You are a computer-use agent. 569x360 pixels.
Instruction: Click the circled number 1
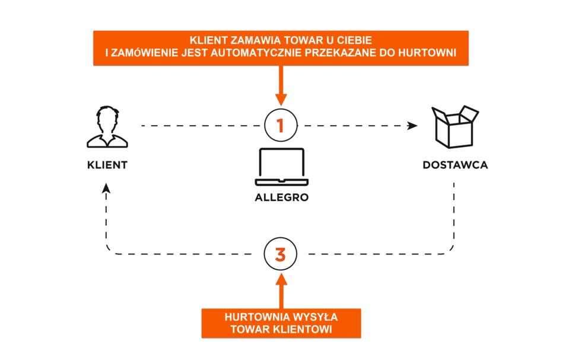click(x=281, y=126)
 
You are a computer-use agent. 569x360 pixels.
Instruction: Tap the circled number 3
click(x=281, y=254)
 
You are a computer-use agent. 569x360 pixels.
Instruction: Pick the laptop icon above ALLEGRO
click(x=281, y=167)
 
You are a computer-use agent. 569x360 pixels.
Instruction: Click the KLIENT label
click(x=107, y=165)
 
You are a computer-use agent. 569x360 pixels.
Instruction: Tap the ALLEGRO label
click(x=281, y=198)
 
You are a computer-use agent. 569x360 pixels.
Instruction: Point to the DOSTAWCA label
click(x=455, y=165)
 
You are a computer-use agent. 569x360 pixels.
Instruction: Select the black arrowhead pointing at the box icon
click(x=412, y=126)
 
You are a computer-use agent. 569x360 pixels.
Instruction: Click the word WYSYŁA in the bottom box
click(x=305, y=316)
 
